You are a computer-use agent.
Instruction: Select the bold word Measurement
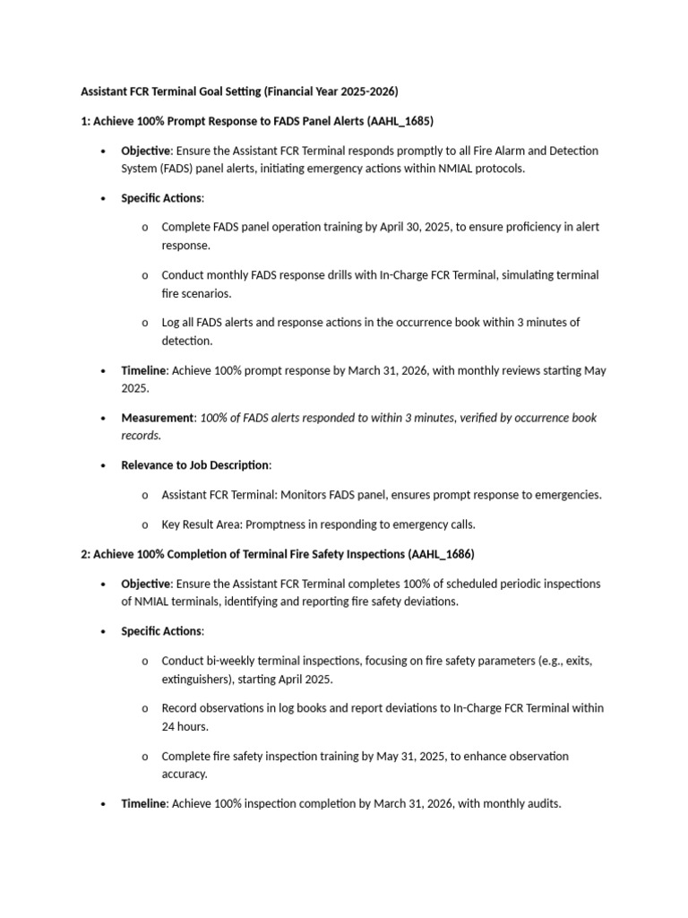158,418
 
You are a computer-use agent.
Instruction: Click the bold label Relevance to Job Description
194,465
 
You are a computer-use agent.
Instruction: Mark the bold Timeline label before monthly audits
143,803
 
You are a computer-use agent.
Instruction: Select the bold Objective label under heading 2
145,584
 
